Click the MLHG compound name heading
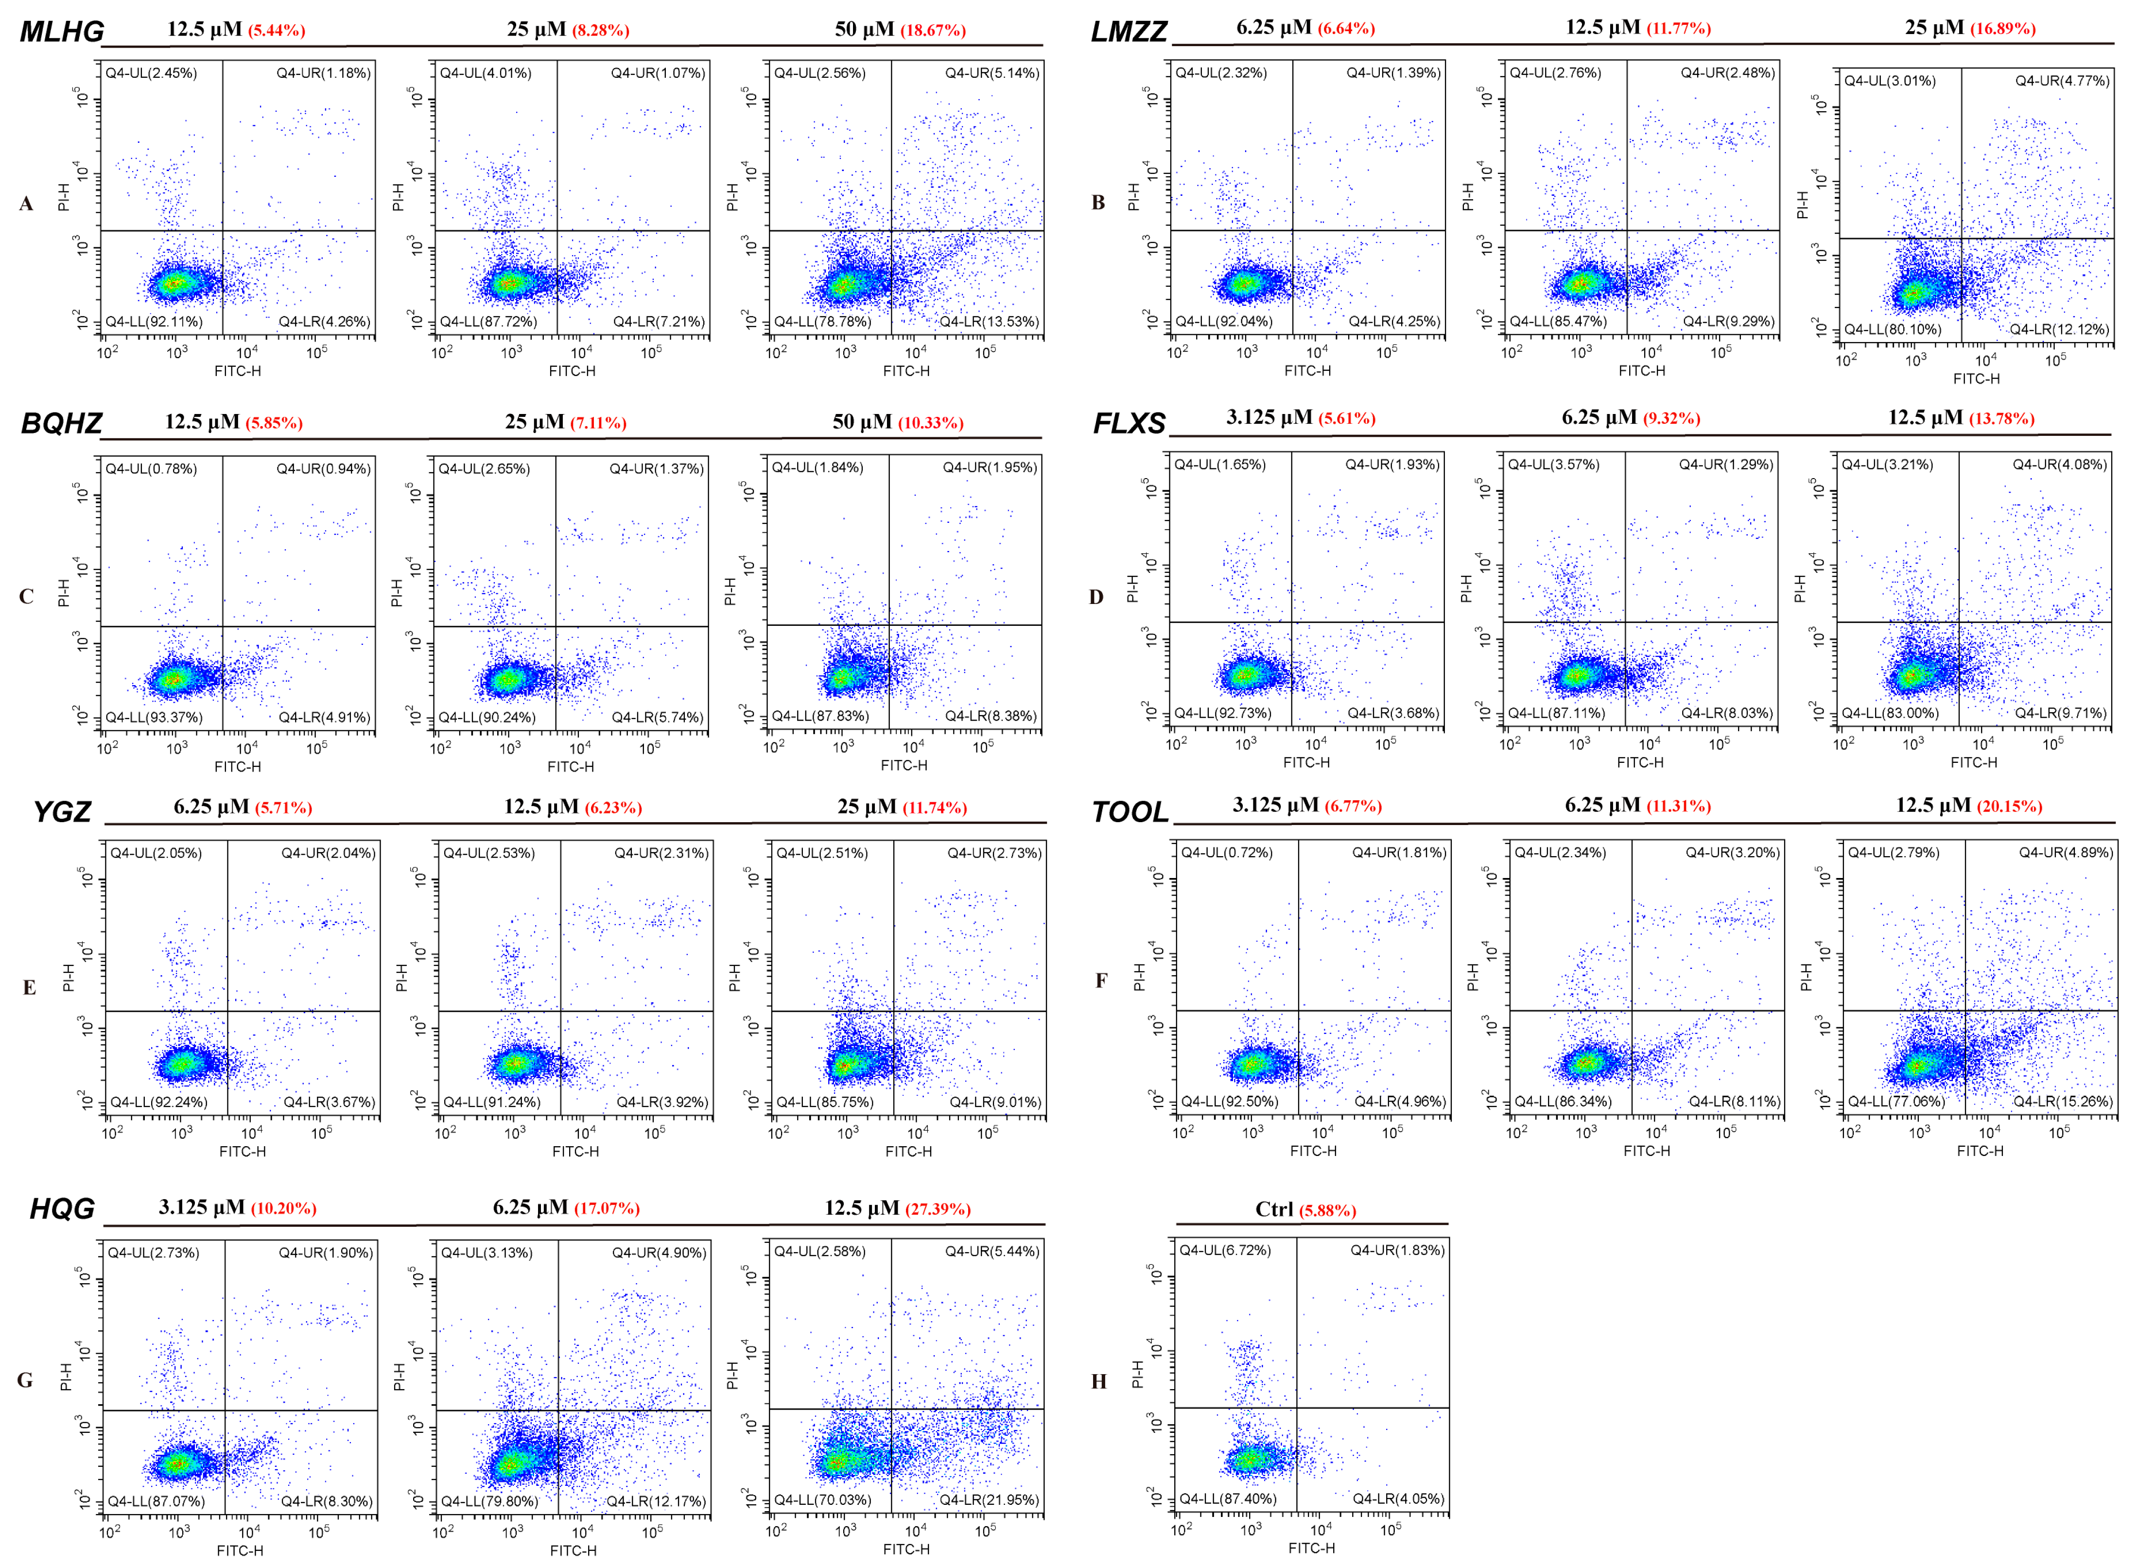pos(62,31)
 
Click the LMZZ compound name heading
pos(1128,31)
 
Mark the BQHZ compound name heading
pos(62,423)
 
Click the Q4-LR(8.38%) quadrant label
pos(991,716)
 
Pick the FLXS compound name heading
pos(1129,423)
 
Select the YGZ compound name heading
pos(62,812)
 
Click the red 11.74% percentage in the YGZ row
pos(934,808)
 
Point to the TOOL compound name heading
pos(1129,812)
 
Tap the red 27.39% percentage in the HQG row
pos(937,1209)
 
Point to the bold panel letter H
pos(1098,1381)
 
